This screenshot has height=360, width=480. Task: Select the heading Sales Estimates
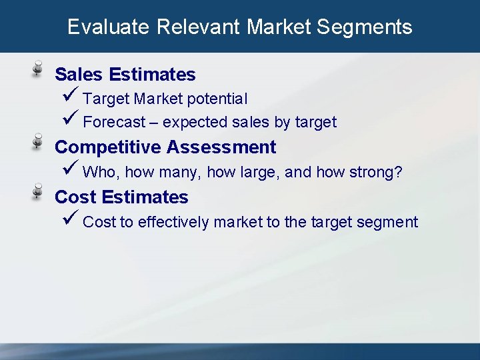125,74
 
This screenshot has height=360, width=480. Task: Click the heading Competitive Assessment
165,147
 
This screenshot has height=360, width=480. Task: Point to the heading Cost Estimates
121,197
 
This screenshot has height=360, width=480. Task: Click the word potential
217,99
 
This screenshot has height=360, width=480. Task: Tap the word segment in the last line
387,223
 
